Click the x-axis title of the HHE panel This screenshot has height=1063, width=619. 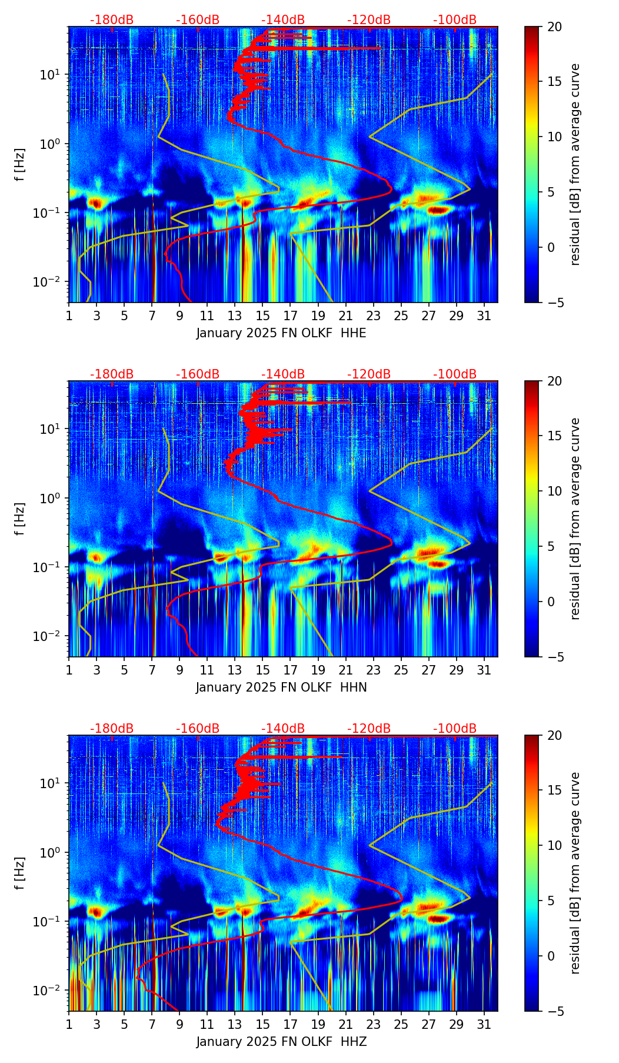pyautogui.click(x=281, y=333)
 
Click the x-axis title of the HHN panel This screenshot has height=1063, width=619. pyautogui.click(x=281, y=687)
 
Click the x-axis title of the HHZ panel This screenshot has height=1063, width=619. pyautogui.click(x=281, y=1042)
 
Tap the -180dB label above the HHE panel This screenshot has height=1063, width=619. pyautogui.click(x=112, y=20)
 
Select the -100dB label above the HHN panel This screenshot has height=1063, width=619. pyautogui.click(x=455, y=374)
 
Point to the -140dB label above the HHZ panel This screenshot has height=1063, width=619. pyautogui.click(x=283, y=729)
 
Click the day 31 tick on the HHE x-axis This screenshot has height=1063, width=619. pyautogui.click(x=484, y=315)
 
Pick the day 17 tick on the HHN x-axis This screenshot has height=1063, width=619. pyautogui.click(x=290, y=670)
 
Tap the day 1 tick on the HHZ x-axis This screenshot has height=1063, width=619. pyautogui.click(x=69, y=1024)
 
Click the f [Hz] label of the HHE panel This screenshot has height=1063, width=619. pyautogui.click(x=20, y=164)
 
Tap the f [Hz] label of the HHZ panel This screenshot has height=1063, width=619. pyautogui.click(x=20, y=873)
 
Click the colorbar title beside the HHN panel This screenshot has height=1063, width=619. pyautogui.click(x=575, y=519)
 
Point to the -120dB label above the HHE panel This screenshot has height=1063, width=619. pyautogui.click(x=369, y=20)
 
